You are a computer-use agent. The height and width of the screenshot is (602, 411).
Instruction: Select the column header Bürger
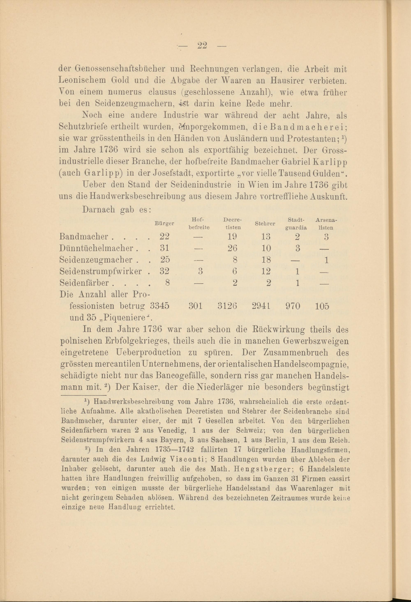tap(164, 224)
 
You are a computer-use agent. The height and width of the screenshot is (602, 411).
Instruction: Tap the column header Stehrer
tap(265, 224)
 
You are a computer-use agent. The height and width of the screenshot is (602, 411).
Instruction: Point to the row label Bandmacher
tap(83, 237)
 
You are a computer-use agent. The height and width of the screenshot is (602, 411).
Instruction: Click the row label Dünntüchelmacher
tap(96, 248)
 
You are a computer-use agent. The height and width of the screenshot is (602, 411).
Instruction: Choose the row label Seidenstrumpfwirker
tap(100, 271)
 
